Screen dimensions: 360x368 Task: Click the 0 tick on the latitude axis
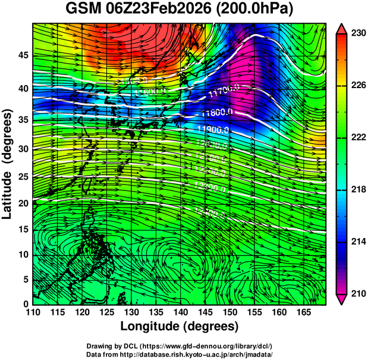pos(26,303)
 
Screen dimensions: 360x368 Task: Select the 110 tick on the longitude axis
pos(33,312)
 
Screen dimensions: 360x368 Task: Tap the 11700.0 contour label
pos(225,92)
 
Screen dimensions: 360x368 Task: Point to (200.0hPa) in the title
pos(256,10)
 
